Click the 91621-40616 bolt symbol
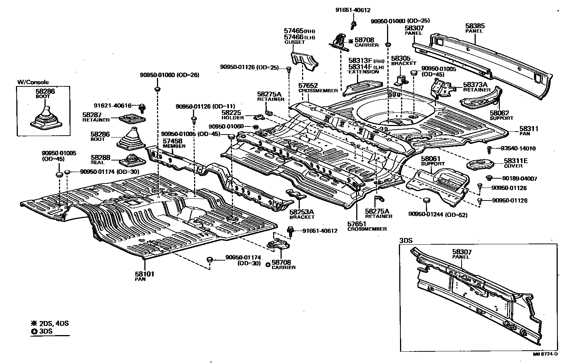coord(142,108)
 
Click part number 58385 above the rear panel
coord(475,26)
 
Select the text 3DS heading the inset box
coord(406,240)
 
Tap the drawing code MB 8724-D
coord(545,354)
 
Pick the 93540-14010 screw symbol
coord(489,149)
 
